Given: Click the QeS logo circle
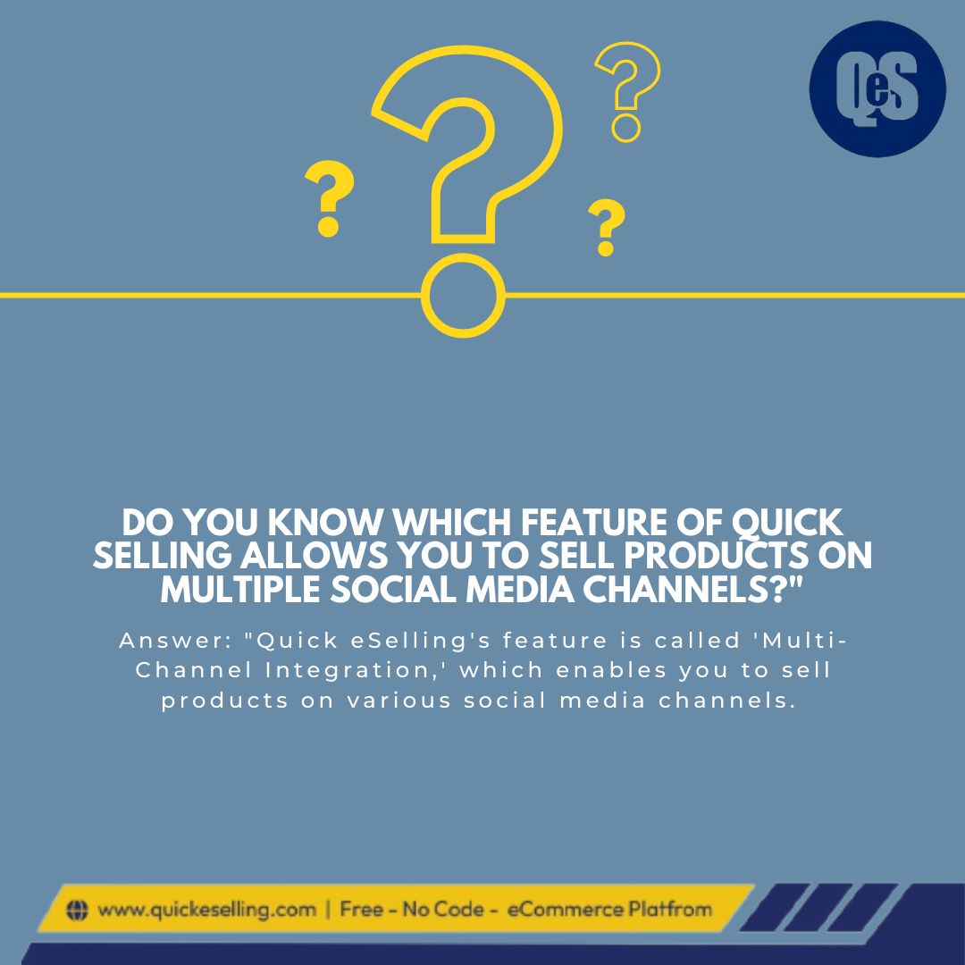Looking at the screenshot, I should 877,88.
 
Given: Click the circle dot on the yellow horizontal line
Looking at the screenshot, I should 463,294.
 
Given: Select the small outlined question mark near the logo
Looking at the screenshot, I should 628,89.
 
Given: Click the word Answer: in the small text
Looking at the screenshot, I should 173,641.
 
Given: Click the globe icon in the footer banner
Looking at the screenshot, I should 79,910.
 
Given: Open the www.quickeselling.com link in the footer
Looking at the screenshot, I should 206,910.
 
